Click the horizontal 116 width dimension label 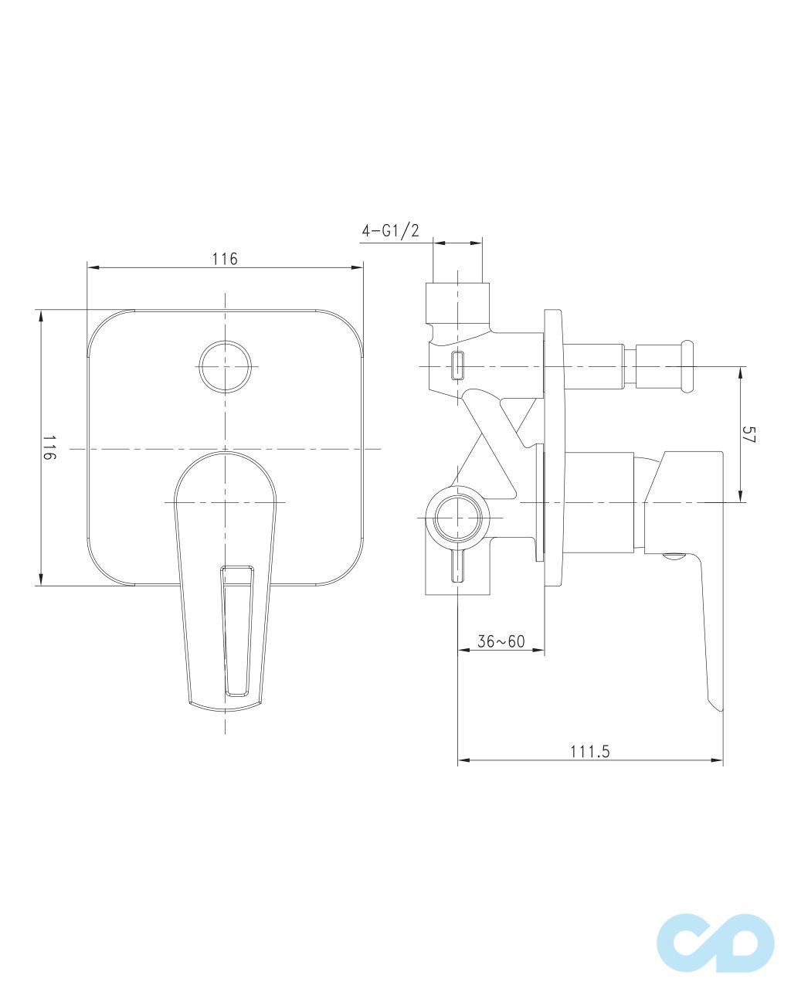(225, 259)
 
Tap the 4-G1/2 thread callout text (390, 230)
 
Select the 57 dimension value (749, 434)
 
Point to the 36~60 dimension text (501, 641)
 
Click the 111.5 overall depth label (590, 752)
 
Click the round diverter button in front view (225, 365)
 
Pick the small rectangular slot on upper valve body (457, 365)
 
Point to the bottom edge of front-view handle (229, 706)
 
